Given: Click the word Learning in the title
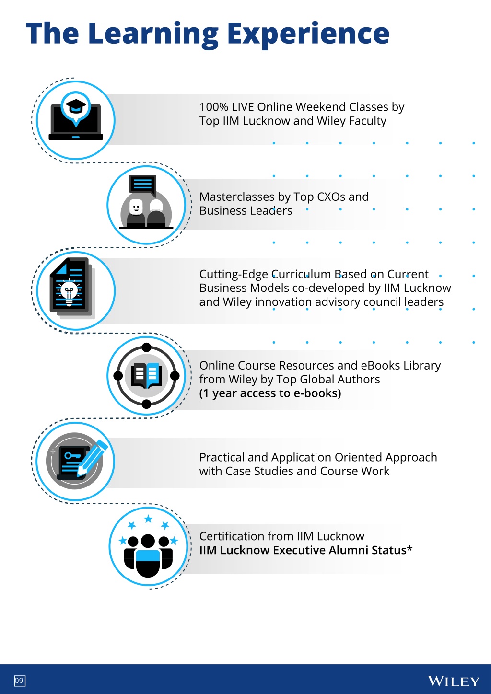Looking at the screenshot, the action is (x=153, y=35).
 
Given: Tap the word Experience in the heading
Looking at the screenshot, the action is (x=308, y=35).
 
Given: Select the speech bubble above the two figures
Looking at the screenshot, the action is (x=142, y=185).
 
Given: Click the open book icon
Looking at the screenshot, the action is (x=146, y=375).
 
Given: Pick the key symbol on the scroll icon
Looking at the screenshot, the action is (x=72, y=456).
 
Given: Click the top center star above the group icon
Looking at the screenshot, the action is (x=149, y=518).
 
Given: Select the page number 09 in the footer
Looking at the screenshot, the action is (x=20, y=681).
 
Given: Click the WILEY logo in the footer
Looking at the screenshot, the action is (x=454, y=681).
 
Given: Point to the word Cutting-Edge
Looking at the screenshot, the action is (x=234, y=275).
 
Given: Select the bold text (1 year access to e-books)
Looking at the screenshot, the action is (x=270, y=393).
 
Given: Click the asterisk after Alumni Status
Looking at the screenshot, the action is (x=409, y=548).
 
